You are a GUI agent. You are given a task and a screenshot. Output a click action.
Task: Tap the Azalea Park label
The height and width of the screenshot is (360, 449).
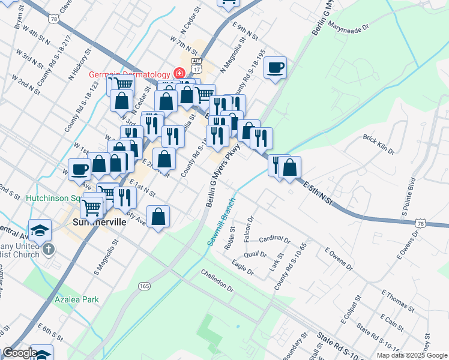tap(76, 298)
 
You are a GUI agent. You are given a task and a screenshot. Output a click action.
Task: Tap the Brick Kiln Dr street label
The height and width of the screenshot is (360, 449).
tap(379, 144)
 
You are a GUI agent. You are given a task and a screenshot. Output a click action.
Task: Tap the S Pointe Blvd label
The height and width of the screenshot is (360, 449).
tap(407, 193)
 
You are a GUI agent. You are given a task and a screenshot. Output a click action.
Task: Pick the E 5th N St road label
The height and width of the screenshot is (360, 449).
tap(318, 193)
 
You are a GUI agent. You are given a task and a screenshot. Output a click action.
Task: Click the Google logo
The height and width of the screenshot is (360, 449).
tap(19, 353)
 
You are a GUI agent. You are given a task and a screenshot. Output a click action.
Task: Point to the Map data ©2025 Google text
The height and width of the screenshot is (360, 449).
tap(412, 355)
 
